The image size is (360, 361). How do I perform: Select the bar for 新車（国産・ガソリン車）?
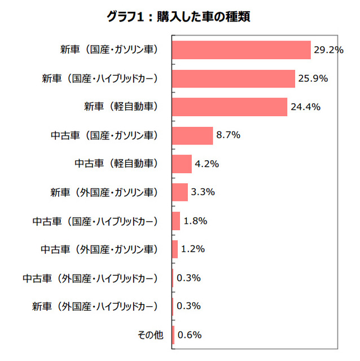coord(242,50)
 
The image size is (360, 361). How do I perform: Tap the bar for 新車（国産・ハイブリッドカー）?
coord(234,78)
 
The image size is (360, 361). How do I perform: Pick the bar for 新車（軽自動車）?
coord(230,107)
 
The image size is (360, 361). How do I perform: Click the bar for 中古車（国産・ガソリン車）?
coord(192,135)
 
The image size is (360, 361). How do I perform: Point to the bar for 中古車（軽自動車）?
coord(182,164)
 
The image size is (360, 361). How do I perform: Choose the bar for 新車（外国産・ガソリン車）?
coord(180,192)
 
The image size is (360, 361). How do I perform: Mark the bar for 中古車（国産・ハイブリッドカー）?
coord(176,221)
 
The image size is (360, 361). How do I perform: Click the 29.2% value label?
coord(329,50)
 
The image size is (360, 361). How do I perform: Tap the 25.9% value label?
coord(313,78)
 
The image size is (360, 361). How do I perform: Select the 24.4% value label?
coord(305,107)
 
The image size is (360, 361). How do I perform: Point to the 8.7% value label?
coord(229,135)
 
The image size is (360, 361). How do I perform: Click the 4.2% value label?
coord(208,164)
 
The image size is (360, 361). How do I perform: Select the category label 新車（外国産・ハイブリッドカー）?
coord(94,306)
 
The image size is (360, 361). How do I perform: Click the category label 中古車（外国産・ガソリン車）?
coord(99,249)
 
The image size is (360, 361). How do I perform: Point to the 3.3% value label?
coord(203,192)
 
